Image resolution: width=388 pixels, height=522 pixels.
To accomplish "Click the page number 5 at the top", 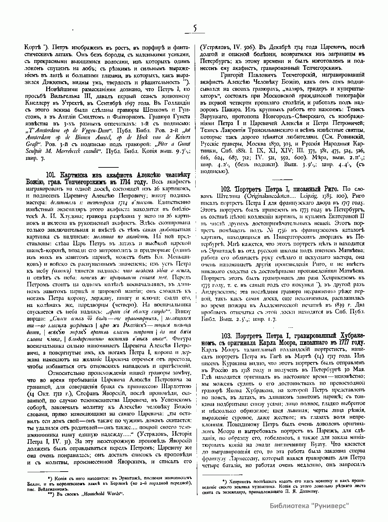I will pos(195,28).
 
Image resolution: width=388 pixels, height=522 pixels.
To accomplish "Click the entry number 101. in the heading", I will pos(52,176).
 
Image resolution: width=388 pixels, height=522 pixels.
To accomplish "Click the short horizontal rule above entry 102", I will pos(283,179).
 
